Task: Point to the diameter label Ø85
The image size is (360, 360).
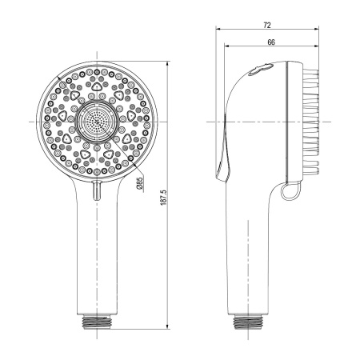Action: point(139,184)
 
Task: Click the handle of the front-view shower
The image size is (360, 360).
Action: point(97,256)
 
